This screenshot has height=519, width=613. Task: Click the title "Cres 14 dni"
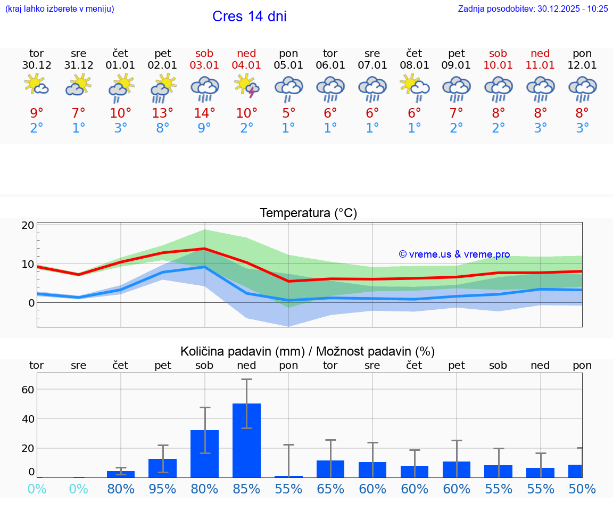click(x=249, y=17)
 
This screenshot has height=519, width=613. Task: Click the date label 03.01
click(x=204, y=65)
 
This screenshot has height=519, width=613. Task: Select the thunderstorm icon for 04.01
click(x=246, y=86)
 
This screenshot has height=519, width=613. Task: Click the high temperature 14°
click(x=204, y=113)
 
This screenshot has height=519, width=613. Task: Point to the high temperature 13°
click(x=162, y=113)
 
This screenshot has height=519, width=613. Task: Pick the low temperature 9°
click(x=204, y=128)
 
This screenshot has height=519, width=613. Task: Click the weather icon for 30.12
click(x=36, y=85)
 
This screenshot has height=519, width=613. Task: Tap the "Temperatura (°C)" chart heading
click(x=308, y=213)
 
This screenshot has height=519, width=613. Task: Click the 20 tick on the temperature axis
click(x=28, y=225)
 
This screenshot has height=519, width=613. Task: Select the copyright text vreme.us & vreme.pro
click(x=454, y=254)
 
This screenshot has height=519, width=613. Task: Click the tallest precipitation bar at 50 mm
click(x=246, y=440)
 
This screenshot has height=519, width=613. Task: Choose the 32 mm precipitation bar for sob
click(x=204, y=453)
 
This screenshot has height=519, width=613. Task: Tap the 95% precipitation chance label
click(x=162, y=489)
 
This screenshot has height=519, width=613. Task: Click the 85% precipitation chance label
click(x=246, y=489)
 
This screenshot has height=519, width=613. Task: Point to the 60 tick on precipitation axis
click(x=28, y=389)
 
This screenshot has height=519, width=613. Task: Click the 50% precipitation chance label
click(x=582, y=489)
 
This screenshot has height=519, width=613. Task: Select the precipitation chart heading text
click(x=307, y=351)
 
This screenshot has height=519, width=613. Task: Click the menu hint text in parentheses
click(x=60, y=9)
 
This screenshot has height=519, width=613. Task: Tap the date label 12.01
click(x=582, y=65)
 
